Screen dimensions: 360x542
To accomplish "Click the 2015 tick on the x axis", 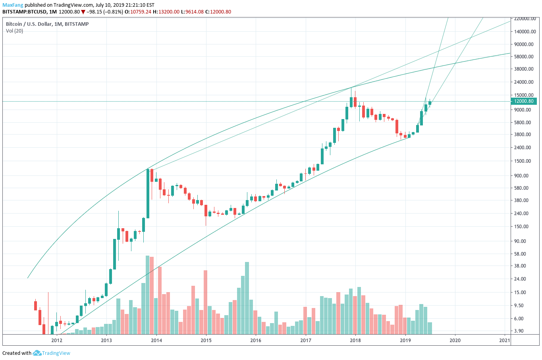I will coord(206,340).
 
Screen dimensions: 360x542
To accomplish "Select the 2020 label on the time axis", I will coord(455,340).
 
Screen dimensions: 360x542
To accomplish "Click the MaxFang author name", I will coord(13,5).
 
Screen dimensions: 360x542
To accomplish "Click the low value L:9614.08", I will coord(192,12).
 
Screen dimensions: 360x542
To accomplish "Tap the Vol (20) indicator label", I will coord(14,31).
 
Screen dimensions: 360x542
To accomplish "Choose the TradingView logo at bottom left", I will coord(52,353).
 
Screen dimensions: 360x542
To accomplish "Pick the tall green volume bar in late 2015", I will coord(247,298).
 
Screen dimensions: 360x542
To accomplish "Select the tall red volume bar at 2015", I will coord(206,302).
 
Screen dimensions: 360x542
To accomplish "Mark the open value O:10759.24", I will coord(138,12).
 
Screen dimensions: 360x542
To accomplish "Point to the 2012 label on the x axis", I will coord(57,340).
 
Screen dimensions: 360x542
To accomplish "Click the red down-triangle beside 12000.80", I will coord(83,12).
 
